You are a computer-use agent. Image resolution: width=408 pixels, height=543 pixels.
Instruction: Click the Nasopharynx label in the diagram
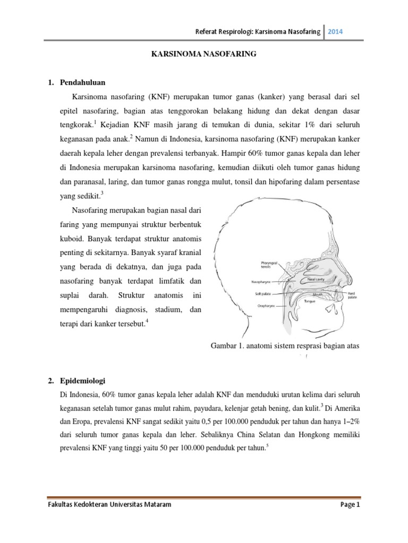point(262,282)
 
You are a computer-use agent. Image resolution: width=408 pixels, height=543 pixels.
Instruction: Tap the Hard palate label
point(353,295)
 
